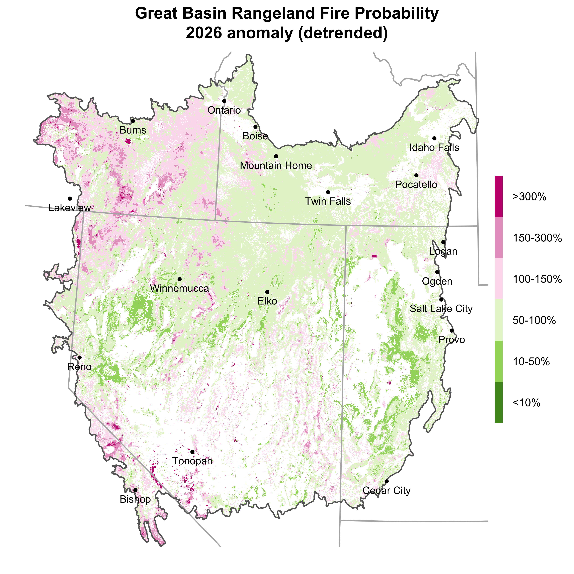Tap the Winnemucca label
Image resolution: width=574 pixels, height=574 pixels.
[179, 289]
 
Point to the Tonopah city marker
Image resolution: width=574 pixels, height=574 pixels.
[192, 452]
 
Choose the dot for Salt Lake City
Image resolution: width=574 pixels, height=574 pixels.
[441, 299]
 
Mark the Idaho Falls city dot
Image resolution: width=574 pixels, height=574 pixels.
[434, 138]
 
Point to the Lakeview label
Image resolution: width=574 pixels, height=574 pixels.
[70, 208]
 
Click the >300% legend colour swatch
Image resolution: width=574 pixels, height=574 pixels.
[499, 196]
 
